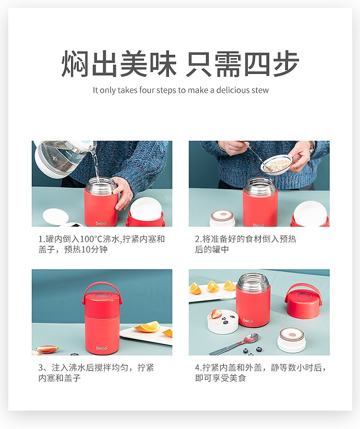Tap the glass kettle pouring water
(x=63, y=158)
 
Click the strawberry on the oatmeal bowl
(x=216, y=313)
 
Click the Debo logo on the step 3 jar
(x=102, y=348)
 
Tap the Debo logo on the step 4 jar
(x=248, y=320)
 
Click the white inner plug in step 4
(x=291, y=340)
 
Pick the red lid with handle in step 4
(x=303, y=301)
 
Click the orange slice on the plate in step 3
(x=147, y=327)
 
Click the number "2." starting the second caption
(x=198, y=239)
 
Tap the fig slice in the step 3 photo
(x=47, y=349)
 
